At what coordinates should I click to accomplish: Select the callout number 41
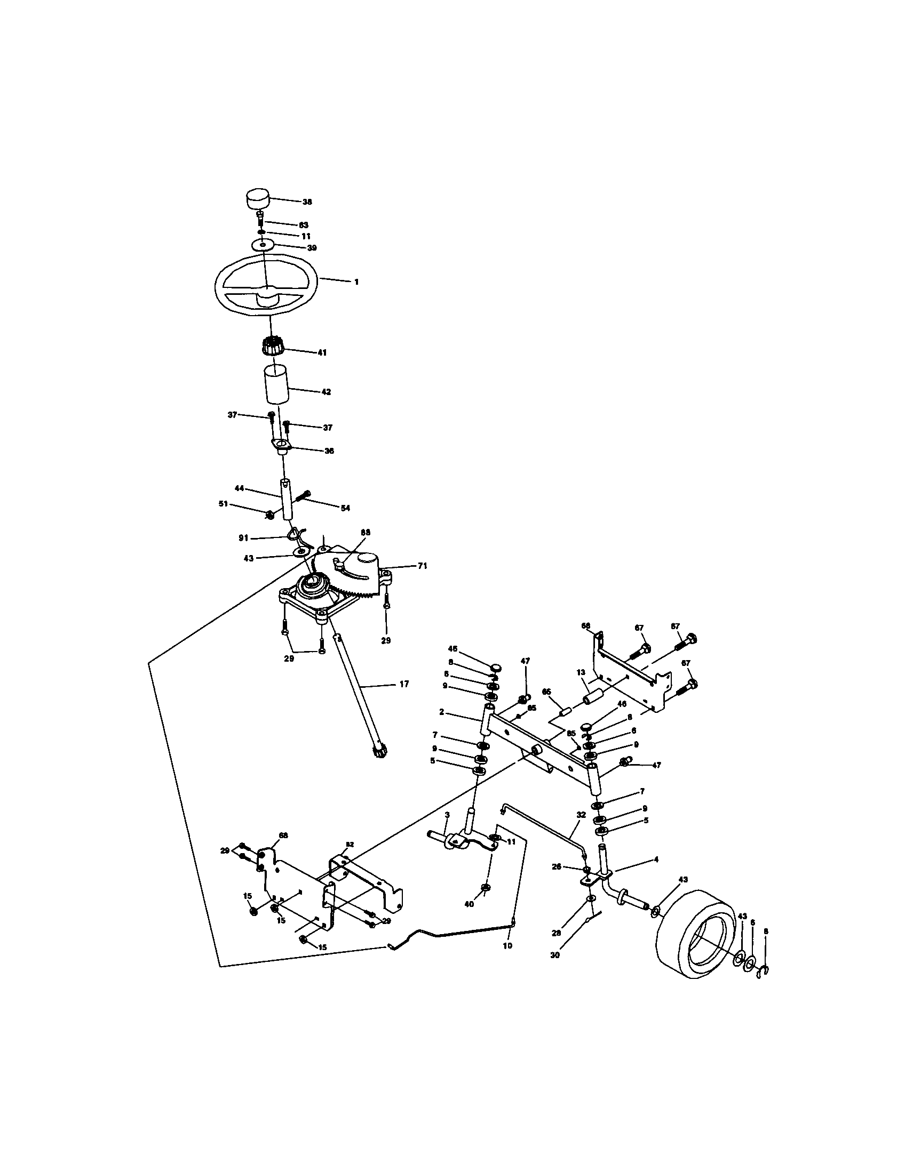pyautogui.click(x=322, y=353)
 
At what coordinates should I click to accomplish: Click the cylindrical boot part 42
pyautogui.click(x=276, y=385)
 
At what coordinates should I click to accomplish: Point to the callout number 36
pyautogui.click(x=328, y=451)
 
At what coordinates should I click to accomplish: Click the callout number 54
pyautogui.click(x=345, y=508)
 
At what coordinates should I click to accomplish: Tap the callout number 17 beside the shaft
pyautogui.click(x=404, y=684)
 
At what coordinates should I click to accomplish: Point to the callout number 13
pyautogui.click(x=581, y=673)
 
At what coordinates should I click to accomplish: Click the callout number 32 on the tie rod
pyautogui.click(x=581, y=814)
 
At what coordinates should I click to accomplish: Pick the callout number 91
pyautogui.click(x=243, y=537)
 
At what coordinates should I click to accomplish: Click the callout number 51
pyautogui.click(x=224, y=504)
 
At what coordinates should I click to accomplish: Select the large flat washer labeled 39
pyautogui.click(x=263, y=244)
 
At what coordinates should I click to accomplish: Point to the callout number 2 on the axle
pyautogui.click(x=441, y=712)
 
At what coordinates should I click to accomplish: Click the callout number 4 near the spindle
pyautogui.click(x=656, y=859)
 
